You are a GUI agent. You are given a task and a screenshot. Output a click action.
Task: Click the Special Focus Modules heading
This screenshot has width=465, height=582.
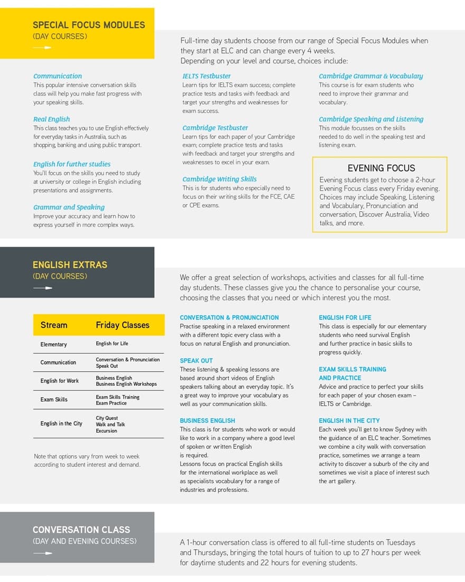pos(88,25)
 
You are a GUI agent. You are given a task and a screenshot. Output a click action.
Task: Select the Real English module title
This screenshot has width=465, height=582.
pos(51,119)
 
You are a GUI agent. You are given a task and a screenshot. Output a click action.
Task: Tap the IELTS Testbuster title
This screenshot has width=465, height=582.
pos(207,76)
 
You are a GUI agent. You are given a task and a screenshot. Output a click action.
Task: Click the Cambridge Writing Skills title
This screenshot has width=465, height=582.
pos(219,179)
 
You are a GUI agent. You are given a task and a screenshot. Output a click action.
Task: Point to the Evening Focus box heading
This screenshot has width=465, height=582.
pos(381,168)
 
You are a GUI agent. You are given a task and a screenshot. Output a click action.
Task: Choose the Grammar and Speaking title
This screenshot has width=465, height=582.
pos(69,207)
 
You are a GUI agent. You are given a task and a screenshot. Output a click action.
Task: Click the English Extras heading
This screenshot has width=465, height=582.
pos(70,265)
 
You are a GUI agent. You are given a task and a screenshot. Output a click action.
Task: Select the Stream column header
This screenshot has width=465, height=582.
pos(54,325)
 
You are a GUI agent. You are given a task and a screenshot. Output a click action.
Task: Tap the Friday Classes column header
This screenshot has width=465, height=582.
pos(123,325)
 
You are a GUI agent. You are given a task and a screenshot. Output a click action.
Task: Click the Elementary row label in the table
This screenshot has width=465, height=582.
pos(53,345)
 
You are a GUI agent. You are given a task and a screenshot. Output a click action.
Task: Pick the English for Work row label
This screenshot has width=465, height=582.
pos(59,381)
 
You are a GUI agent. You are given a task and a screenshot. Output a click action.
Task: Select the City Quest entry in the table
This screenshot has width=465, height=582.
pos(107,418)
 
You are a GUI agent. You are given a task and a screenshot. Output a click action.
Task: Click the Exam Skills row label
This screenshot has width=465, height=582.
pos(54,400)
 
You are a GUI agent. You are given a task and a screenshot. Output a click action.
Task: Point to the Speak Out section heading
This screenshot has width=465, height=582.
pos(196,361)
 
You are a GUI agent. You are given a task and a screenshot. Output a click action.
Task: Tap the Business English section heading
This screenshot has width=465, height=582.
pos(207,421)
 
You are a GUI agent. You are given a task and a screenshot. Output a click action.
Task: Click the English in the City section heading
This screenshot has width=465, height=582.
pos(349,421)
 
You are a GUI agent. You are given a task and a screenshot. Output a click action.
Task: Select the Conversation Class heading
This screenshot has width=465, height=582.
pos(81,530)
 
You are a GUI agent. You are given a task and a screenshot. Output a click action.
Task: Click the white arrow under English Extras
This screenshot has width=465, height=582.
pos(43,288)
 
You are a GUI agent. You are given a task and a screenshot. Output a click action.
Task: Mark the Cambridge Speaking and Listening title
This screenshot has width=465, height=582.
pos(371,119)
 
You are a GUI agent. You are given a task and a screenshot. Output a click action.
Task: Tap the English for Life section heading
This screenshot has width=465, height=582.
pos(345,318)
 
